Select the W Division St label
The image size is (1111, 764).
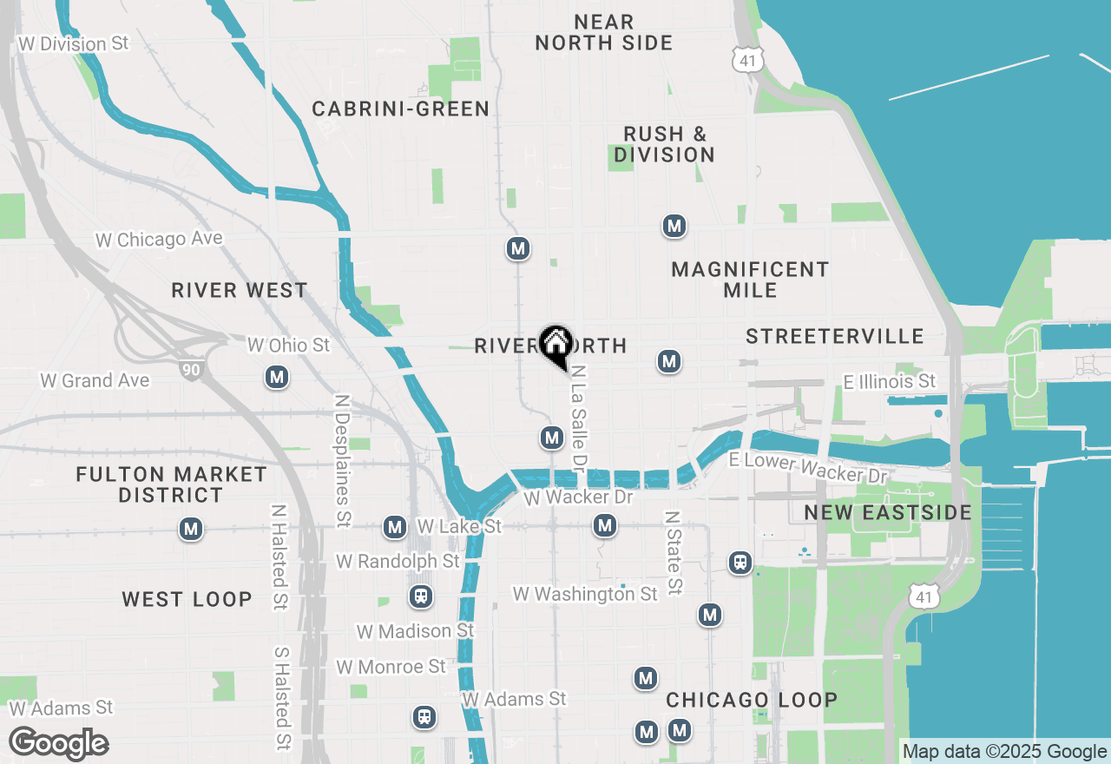(73, 43)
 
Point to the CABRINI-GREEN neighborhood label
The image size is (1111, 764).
(401, 109)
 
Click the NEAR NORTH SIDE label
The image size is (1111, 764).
(604, 32)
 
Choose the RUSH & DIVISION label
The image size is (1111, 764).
(665, 144)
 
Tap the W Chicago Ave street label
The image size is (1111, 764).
(159, 239)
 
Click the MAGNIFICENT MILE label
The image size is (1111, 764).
(750, 280)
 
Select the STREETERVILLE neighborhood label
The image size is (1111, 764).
(835, 336)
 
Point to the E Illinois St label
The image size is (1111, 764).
(890, 381)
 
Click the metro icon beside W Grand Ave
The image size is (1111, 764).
(277, 377)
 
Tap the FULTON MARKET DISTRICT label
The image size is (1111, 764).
(171, 484)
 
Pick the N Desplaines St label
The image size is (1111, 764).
(342, 460)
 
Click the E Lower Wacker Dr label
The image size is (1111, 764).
(810, 467)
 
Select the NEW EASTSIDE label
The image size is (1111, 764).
(888, 512)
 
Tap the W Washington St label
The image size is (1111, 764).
(585, 594)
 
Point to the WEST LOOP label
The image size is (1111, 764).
(187, 599)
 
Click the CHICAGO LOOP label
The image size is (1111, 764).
(752, 700)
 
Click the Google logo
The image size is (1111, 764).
(59, 743)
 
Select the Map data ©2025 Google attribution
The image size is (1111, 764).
(1004, 752)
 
